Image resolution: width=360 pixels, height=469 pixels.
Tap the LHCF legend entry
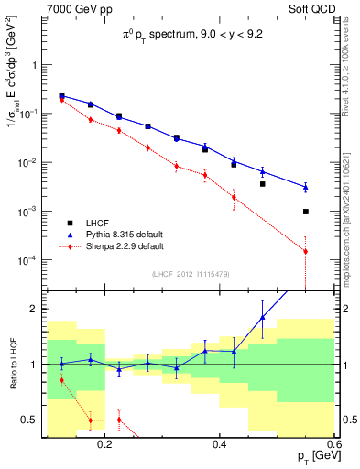(98, 223)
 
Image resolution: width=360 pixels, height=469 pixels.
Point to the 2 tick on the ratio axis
(37, 309)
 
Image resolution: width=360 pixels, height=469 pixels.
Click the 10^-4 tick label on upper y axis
(31, 260)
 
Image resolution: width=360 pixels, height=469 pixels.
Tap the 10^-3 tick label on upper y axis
(31, 212)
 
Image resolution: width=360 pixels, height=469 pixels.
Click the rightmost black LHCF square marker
(306, 212)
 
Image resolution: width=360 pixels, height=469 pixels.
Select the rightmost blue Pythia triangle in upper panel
(306, 187)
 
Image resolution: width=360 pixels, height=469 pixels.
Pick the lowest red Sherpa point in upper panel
(306, 251)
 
